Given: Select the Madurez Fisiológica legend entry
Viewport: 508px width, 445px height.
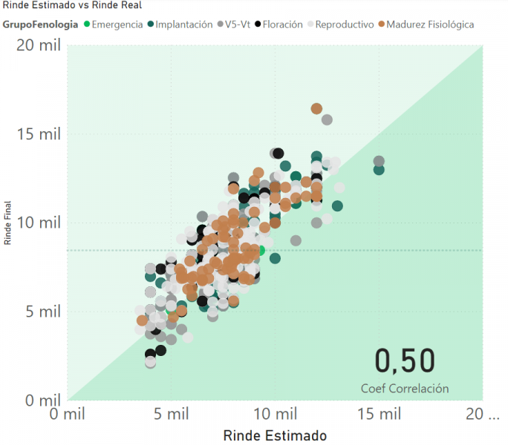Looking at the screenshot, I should (430, 24).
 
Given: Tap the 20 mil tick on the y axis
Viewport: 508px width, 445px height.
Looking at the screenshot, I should (37, 45).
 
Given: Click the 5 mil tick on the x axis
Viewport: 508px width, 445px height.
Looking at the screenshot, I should (173, 413).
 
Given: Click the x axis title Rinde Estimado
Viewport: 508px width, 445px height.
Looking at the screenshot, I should (275, 435).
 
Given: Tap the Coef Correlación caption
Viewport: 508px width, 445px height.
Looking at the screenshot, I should (405, 388).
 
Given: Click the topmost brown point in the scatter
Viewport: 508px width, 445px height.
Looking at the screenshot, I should (316, 109).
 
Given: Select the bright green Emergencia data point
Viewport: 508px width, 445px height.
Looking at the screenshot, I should (261, 251).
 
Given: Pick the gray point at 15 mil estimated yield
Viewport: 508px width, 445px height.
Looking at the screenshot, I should (379, 162).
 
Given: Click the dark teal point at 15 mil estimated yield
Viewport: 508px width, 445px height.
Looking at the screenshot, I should (379, 171).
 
